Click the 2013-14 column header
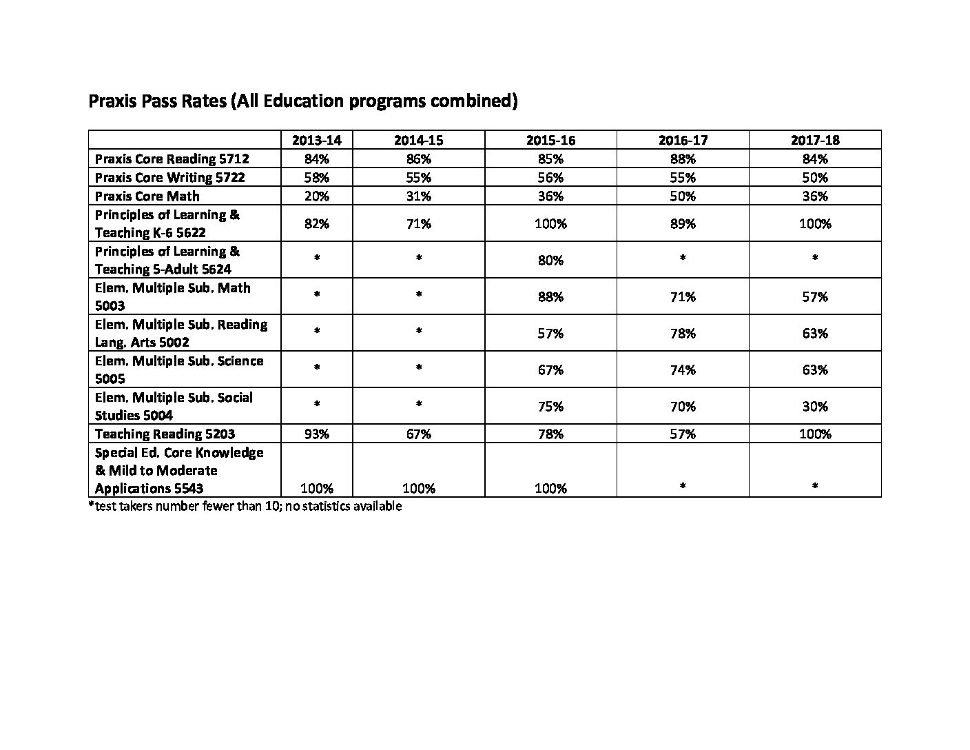(317, 140)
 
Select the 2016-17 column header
(682, 140)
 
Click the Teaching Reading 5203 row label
(165, 434)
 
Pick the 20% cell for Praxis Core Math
(317, 196)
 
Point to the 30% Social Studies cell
(814, 407)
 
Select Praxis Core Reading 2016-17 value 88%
(682, 159)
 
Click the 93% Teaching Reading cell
(317, 434)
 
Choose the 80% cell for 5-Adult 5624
(550, 260)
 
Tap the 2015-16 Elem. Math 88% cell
(550, 297)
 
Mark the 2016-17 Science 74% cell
(682, 370)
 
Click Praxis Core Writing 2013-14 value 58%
(317, 177)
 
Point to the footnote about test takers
(245, 506)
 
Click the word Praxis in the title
(113, 101)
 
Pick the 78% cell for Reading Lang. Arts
(682, 334)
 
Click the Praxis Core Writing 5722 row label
(169, 177)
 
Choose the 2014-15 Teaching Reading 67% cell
(418, 434)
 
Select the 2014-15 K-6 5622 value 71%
(418, 223)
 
